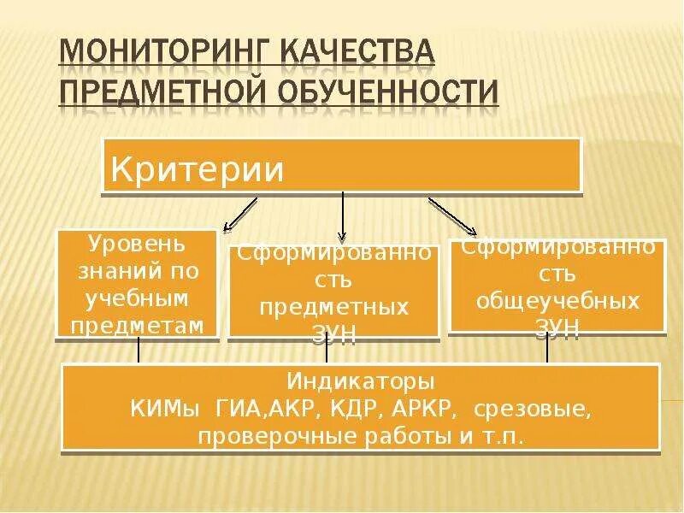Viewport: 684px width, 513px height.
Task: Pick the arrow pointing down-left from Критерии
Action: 240,214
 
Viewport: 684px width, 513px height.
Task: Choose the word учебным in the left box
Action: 138,298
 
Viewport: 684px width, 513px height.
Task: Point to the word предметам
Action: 138,325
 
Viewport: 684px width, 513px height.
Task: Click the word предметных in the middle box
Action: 333,306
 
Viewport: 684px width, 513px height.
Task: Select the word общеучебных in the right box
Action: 557,302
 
